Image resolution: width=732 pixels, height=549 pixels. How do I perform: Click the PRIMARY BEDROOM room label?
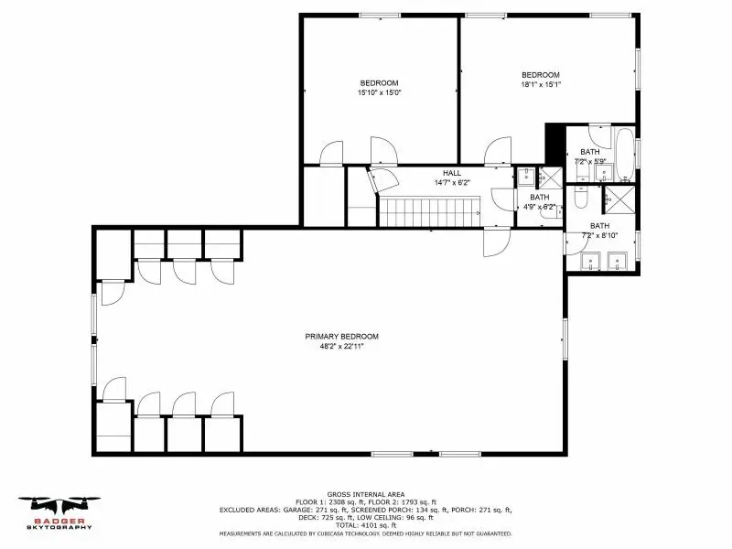click(x=341, y=336)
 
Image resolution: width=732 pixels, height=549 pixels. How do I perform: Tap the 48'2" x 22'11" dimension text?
click(x=341, y=347)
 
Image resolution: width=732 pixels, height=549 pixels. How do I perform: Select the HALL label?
click(x=452, y=173)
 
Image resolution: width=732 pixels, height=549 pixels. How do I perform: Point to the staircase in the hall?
click(x=429, y=211)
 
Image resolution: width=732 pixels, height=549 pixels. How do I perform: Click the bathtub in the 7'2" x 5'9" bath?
click(x=625, y=155)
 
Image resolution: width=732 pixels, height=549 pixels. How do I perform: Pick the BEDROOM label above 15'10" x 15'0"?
click(x=379, y=83)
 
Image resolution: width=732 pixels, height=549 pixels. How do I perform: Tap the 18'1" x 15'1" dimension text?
click(x=541, y=84)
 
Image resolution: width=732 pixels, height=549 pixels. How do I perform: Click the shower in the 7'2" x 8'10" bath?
click(x=619, y=199)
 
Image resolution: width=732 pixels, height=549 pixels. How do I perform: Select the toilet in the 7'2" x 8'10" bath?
click(x=580, y=197)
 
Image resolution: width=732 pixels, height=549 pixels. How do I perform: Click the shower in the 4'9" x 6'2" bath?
click(x=551, y=176)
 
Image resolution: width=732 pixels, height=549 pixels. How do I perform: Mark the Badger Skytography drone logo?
click(x=59, y=512)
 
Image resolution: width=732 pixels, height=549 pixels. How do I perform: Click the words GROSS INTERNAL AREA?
click(x=366, y=494)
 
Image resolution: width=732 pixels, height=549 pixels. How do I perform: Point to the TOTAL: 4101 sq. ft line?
click(x=366, y=525)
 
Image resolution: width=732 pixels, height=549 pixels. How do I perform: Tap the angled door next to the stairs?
click(x=381, y=179)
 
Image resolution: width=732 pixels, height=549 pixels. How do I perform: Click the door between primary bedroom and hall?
click(x=496, y=242)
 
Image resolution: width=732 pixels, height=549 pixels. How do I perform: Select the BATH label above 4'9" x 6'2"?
click(x=540, y=197)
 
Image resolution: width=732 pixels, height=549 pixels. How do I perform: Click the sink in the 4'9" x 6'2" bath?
click(x=526, y=177)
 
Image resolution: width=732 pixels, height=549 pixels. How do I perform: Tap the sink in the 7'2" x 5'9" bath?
click(x=604, y=173)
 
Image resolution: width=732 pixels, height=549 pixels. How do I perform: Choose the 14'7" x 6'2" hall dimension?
click(x=452, y=182)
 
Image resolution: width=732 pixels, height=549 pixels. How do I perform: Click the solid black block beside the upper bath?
click(x=555, y=143)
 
